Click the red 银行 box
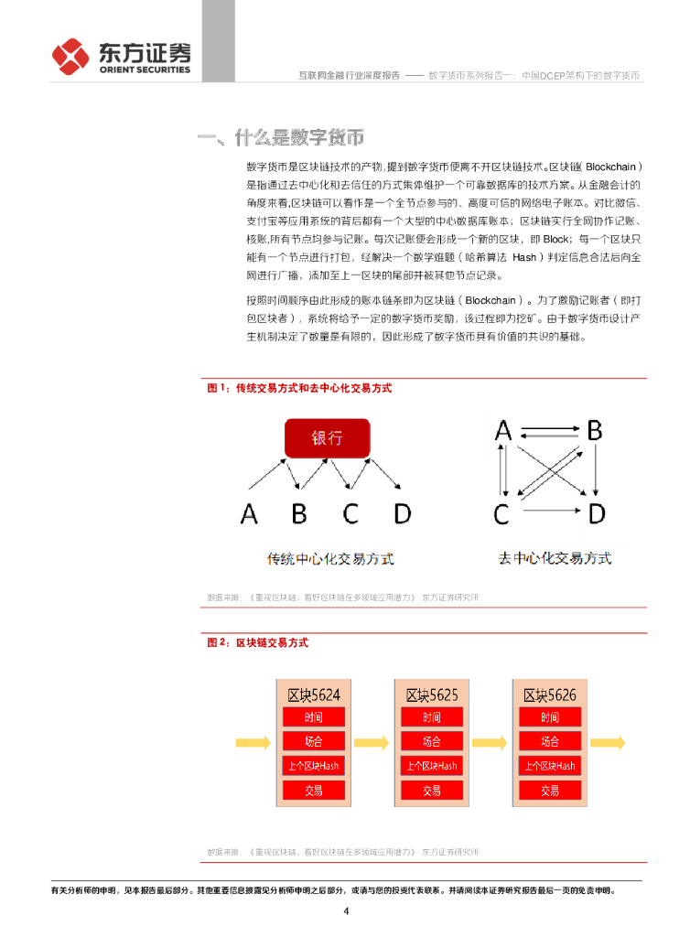click(x=327, y=438)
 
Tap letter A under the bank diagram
click(x=249, y=513)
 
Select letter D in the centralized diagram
click(x=402, y=513)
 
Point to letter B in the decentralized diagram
click(x=595, y=430)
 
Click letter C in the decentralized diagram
click(x=501, y=514)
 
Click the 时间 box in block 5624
click(x=313, y=717)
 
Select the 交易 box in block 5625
click(x=431, y=790)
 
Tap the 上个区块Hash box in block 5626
click(x=549, y=766)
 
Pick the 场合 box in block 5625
click(x=431, y=741)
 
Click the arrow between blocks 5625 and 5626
click(x=491, y=741)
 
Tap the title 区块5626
click(x=549, y=695)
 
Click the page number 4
click(x=346, y=911)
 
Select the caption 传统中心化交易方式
click(x=329, y=558)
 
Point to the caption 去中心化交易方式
click(x=555, y=557)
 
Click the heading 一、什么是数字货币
click(x=281, y=138)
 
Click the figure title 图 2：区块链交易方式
click(x=257, y=642)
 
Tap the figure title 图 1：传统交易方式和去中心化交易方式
click(x=299, y=388)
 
